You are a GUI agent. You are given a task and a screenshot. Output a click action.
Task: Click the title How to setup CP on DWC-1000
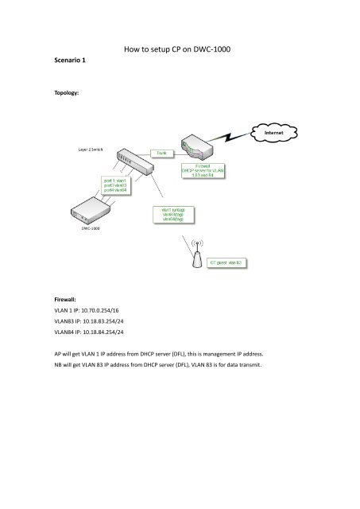tap(180, 49)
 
